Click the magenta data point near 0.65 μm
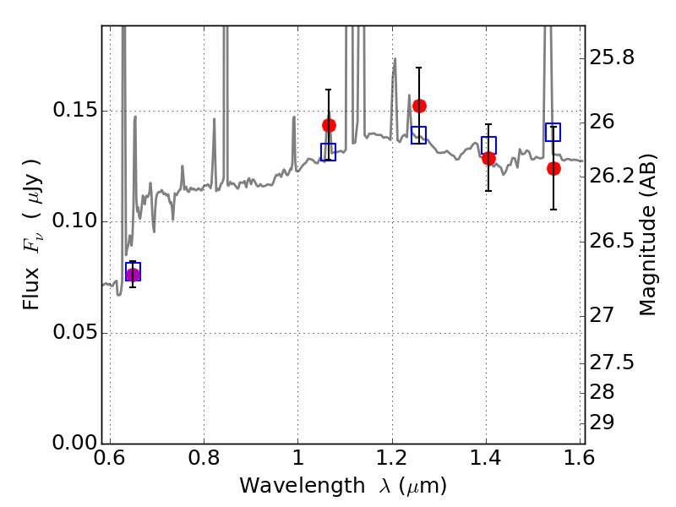[133, 275]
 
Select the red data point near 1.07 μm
[329, 125]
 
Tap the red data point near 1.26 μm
[419, 106]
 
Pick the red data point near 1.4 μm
[488, 158]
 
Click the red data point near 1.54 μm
[553, 168]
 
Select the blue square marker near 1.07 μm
[329, 152]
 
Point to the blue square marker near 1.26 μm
[419, 134]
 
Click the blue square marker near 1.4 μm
[488, 144]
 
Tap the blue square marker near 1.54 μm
[553, 132]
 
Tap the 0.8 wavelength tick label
[204, 459]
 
